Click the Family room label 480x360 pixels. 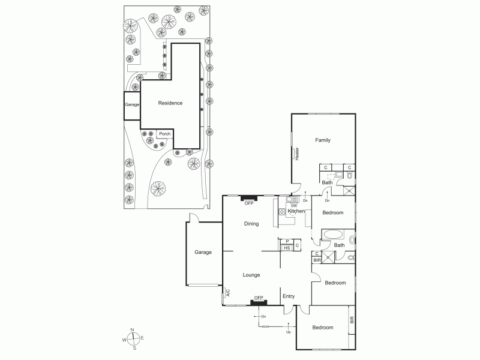[x=323, y=140]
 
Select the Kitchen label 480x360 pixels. [x=296, y=211]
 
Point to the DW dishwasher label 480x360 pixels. [x=294, y=206]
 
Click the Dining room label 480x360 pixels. [x=251, y=224]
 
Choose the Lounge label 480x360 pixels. [x=251, y=275]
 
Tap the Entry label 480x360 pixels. [x=289, y=296]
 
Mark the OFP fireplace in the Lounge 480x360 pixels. [x=259, y=298]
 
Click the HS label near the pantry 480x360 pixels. [x=287, y=248]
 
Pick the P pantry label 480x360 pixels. [x=287, y=241]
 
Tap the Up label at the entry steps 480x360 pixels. [x=289, y=332]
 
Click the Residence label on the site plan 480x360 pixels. [x=170, y=103]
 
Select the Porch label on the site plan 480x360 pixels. [x=164, y=134]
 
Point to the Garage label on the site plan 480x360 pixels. [x=132, y=104]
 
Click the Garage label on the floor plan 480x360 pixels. [x=203, y=253]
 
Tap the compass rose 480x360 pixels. [x=134, y=340]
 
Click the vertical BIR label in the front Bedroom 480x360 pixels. [x=352, y=320]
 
